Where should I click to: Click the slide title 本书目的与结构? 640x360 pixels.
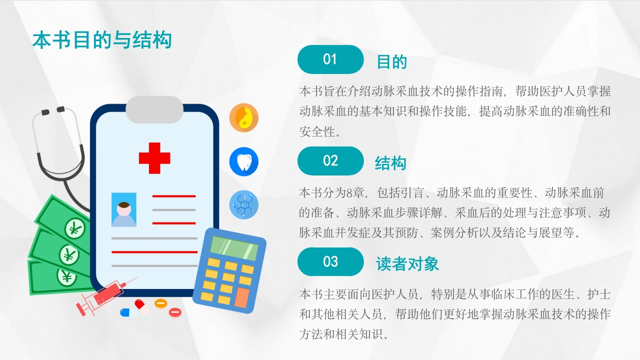pyautogui.click(x=102, y=40)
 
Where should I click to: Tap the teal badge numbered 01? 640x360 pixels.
pyautogui.click(x=330, y=59)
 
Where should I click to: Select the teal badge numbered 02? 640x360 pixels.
pyautogui.click(x=330, y=161)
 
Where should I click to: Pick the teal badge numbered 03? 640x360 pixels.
pyautogui.click(x=330, y=261)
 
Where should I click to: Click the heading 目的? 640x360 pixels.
pyautogui.click(x=391, y=62)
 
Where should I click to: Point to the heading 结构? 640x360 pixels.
pyautogui.click(x=390, y=163)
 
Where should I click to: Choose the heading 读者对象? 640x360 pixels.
pyautogui.click(x=407, y=264)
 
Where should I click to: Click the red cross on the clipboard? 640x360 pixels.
pyautogui.click(x=154, y=157)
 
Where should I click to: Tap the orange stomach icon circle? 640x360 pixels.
pyautogui.click(x=244, y=118)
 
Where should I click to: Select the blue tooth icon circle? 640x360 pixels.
pyautogui.click(x=244, y=161)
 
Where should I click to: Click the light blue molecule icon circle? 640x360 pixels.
pyautogui.click(x=244, y=204)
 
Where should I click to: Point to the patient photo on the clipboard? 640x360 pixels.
pyautogui.click(x=124, y=210)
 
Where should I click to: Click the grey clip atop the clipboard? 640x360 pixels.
pyautogui.click(x=154, y=109)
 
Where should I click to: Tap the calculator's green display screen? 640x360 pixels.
pyautogui.click(x=234, y=248)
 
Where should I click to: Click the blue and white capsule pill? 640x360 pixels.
pyautogui.click(x=128, y=312)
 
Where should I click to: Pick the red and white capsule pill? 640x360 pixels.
pyautogui.click(x=141, y=305)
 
